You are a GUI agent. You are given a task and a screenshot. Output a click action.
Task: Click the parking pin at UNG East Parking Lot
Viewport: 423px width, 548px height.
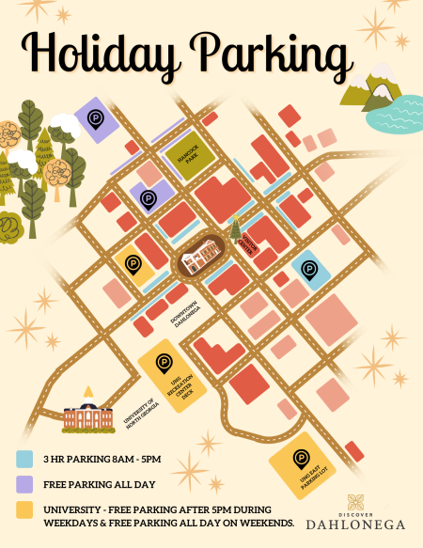302,459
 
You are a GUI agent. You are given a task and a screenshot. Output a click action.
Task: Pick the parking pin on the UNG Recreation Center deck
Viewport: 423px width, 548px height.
164,360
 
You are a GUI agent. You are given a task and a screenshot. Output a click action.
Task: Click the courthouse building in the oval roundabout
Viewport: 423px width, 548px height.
203,257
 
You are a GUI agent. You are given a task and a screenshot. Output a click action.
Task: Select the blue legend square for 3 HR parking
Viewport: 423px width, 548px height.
25,460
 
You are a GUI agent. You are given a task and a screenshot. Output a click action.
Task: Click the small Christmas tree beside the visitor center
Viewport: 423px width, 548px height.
236,226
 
